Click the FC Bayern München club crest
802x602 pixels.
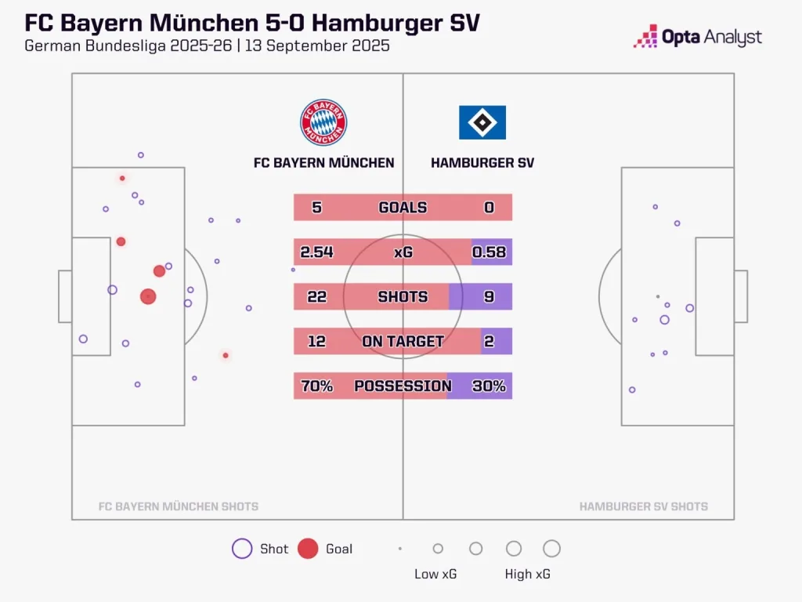[323, 122]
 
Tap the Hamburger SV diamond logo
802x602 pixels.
[482, 122]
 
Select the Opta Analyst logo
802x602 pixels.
[698, 37]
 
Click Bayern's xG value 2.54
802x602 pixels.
[317, 252]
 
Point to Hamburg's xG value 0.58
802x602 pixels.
[489, 252]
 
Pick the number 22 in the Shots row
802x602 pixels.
[317, 297]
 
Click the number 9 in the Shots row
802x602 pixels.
[489, 297]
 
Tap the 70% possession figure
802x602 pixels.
[317, 386]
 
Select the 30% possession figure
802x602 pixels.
[489, 386]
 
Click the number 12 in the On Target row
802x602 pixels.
[317, 342]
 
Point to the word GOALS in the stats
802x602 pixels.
[403, 208]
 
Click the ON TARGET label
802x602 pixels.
[403, 342]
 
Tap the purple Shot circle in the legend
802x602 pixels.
[242, 549]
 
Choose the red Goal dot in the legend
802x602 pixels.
[308, 549]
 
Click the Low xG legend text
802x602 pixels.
[435, 574]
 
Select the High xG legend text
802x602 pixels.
[528, 574]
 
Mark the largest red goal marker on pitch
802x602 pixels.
[148, 296]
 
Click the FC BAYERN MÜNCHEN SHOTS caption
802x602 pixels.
[179, 506]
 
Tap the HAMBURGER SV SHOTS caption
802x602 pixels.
[644, 506]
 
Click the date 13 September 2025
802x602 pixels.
[318, 45]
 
